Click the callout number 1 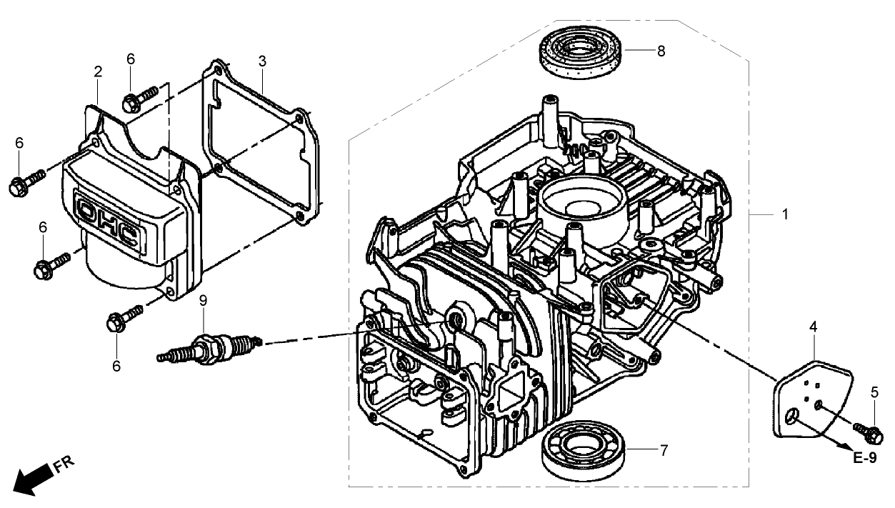pyautogui.click(x=786, y=214)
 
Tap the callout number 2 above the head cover pyautogui.click(x=98, y=71)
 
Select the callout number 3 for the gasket pyautogui.click(x=262, y=61)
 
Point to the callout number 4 pyautogui.click(x=814, y=327)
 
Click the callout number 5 pyautogui.click(x=874, y=392)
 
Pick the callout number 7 pyautogui.click(x=664, y=450)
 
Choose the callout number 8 pyautogui.click(x=661, y=51)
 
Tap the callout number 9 pyautogui.click(x=203, y=301)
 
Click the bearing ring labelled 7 pyautogui.click(x=582, y=450)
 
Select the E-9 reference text pyautogui.click(x=864, y=459)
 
